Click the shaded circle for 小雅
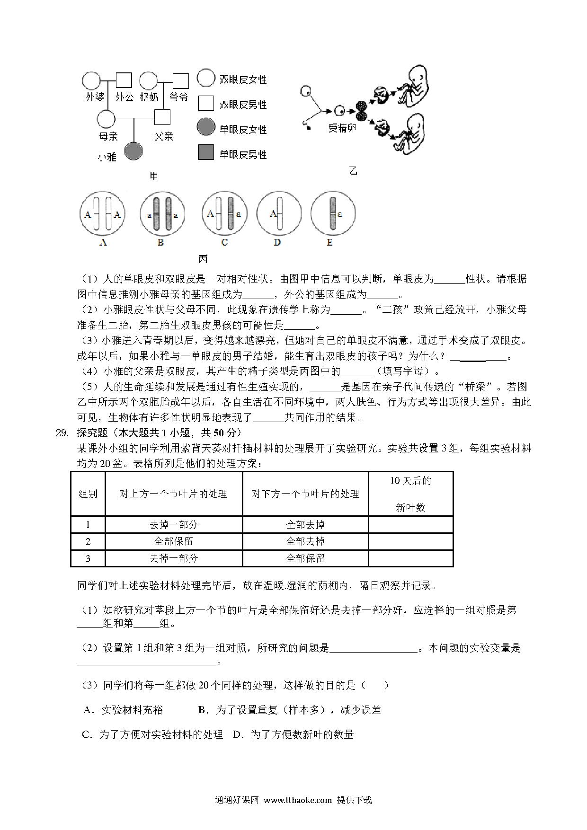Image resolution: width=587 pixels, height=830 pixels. [x=133, y=151]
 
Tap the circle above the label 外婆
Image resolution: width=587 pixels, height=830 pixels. [x=91, y=81]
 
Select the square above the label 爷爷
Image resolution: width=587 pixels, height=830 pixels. [x=180, y=81]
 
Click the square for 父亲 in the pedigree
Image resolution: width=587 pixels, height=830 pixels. [x=162, y=117]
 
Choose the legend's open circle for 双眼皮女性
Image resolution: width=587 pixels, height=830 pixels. [x=206, y=78]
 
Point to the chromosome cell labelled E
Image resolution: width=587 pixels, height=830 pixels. [x=333, y=214]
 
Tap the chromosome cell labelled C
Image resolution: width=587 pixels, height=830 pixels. [x=224, y=214]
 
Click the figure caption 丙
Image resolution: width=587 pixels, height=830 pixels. [x=203, y=259]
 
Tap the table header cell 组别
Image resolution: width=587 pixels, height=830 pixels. [x=88, y=494]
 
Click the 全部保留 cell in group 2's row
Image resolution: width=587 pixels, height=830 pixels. [x=174, y=541]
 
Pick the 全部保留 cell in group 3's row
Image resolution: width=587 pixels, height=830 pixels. [x=305, y=558]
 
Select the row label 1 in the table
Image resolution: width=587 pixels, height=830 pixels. [x=88, y=524]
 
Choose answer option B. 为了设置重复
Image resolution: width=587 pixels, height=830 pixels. [x=289, y=710]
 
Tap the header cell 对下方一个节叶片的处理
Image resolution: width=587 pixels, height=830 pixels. [x=305, y=494]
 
